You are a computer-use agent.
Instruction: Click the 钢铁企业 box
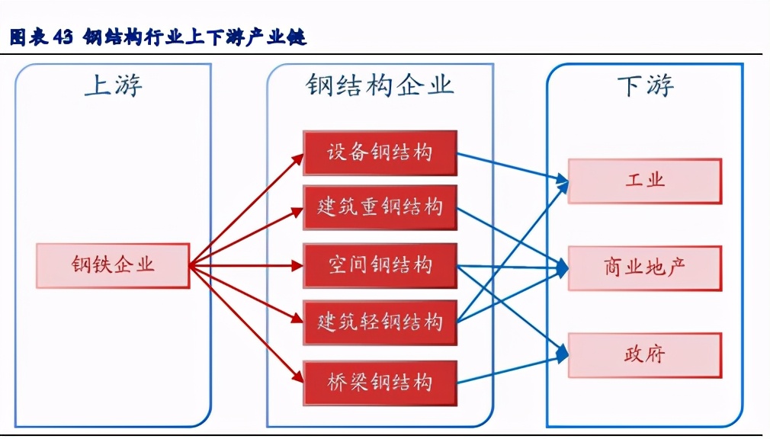(x=113, y=265)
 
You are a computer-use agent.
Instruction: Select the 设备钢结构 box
(x=380, y=152)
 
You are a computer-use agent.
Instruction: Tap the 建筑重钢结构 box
(x=380, y=207)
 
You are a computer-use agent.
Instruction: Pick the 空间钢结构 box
(x=380, y=265)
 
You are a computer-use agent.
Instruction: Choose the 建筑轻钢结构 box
(x=380, y=322)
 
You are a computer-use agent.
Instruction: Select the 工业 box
(x=645, y=181)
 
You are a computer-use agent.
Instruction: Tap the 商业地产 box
(x=645, y=268)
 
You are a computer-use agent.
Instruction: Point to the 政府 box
(x=645, y=354)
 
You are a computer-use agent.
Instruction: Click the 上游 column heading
(x=113, y=86)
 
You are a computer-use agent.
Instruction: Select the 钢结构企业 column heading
(x=380, y=85)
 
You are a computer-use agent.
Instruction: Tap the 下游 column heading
(x=645, y=86)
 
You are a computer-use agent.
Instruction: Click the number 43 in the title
(x=63, y=37)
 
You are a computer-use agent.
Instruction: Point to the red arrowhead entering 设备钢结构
(x=298, y=156)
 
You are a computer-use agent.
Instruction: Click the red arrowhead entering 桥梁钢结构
(x=298, y=379)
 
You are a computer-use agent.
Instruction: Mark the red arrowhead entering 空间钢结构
(x=298, y=266)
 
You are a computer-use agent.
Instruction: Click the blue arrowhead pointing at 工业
(x=563, y=181)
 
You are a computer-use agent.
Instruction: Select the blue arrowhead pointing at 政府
(x=563, y=353)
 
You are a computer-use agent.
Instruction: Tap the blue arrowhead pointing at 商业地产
(x=563, y=267)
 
